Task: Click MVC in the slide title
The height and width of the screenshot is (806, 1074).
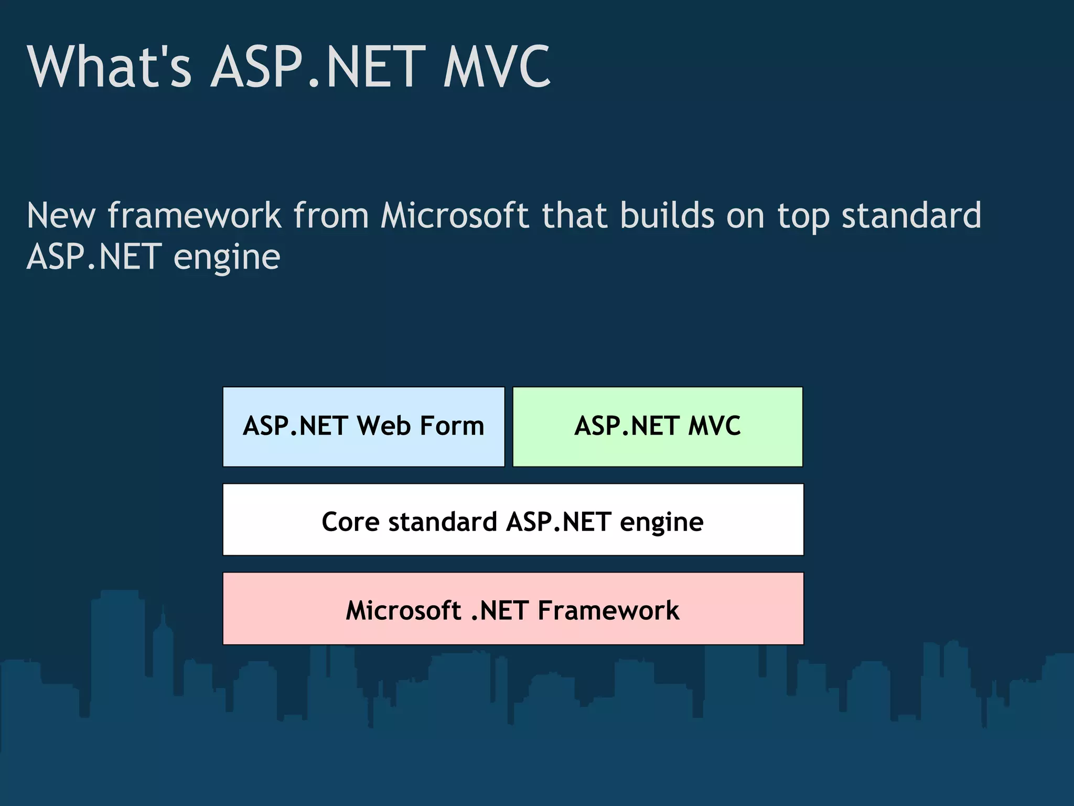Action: [x=497, y=67]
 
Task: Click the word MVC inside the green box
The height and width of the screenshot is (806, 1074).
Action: [x=714, y=426]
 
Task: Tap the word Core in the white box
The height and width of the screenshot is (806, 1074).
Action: [x=350, y=522]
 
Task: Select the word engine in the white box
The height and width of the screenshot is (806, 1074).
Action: [x=661, y=523]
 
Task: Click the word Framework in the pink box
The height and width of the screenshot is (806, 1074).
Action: [x=608, y=610]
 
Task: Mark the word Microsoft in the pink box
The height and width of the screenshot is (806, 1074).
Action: [x=403, y=610]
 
